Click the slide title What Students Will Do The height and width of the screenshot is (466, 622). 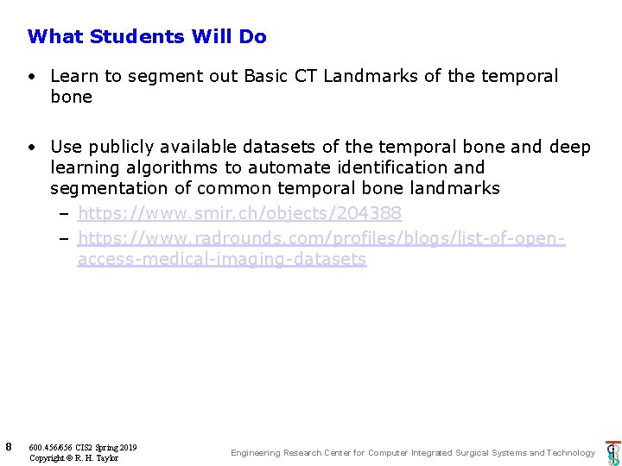[147, 36]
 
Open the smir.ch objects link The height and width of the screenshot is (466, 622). [239, 212]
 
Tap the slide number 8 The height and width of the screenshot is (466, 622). [8, 446]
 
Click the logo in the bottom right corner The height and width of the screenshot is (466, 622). [612, 452]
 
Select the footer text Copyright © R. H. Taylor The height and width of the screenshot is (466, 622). [73, 457]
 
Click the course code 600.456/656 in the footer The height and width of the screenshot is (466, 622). [51, 447]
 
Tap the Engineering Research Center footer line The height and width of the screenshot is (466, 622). [412, 452]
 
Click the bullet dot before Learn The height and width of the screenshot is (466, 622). [30, 76]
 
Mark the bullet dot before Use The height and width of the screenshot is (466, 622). [30, 147]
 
